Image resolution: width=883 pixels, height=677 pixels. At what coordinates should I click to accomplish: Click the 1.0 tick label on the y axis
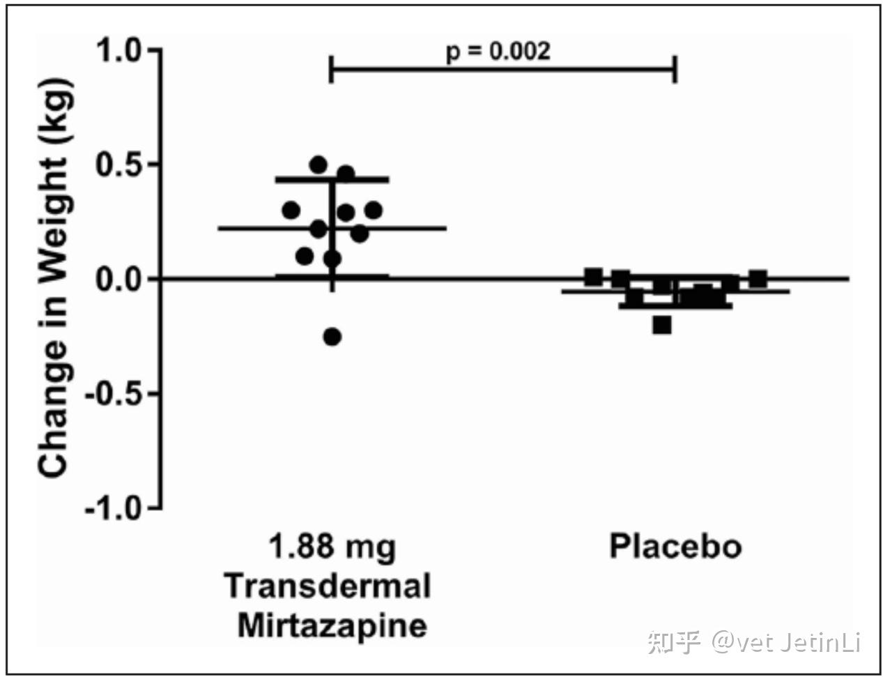pos(118,51)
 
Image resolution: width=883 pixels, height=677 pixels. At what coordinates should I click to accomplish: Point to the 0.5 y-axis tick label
pos(118,165)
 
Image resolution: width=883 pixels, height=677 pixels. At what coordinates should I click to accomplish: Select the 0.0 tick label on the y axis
pos(118,279)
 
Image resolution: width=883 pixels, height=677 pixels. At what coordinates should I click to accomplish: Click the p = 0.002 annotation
pos(498,51)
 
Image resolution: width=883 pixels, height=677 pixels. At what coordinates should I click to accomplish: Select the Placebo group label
pos(675,546)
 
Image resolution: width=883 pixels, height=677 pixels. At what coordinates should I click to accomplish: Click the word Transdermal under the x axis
pos(328,586)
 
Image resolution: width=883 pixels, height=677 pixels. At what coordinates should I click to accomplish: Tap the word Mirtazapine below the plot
pos(332,625)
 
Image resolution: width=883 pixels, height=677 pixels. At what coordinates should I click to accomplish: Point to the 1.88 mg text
pos(332,546)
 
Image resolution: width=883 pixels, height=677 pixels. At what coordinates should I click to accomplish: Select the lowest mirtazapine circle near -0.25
pos(332,337)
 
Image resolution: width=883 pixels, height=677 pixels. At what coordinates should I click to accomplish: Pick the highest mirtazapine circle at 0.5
pos(318,165)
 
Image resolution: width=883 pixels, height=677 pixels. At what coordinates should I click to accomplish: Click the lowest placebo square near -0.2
pos(662,325)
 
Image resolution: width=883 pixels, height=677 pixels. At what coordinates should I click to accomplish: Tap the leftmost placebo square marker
pos(593,277)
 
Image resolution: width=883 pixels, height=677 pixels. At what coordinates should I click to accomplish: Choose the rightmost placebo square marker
pos(758,279)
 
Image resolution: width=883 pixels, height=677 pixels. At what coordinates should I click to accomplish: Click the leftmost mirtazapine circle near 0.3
pos(291,210)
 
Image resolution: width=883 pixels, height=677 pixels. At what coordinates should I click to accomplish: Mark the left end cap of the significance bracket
pos(330,70)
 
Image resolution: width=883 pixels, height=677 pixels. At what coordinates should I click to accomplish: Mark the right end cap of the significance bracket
pos(675,70)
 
